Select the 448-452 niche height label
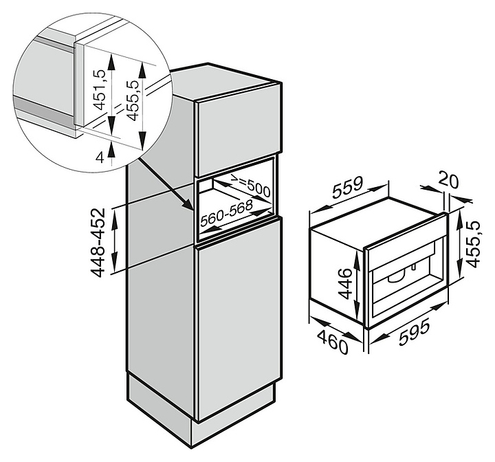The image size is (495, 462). (98, 242)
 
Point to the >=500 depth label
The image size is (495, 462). (250, 186)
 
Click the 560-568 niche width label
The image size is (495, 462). (227, 214)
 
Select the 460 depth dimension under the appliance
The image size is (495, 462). (333, 342)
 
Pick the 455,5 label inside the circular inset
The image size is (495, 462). (132, 100)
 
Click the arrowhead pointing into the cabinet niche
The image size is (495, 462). (190, 206)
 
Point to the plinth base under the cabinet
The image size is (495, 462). (200, 411)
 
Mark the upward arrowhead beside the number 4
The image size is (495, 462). (111, 148)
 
